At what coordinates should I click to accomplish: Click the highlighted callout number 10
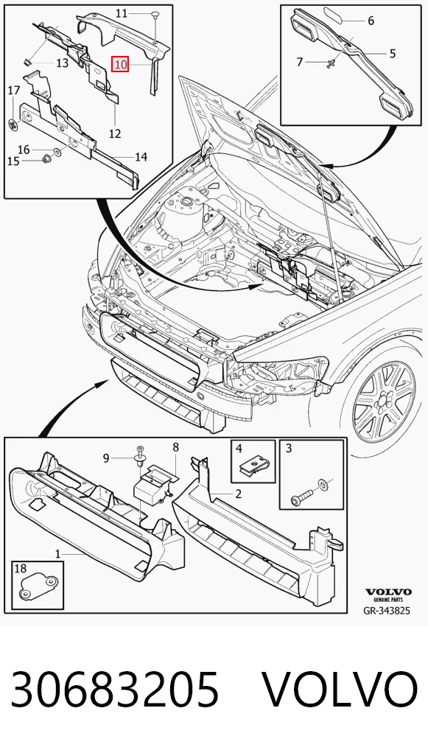pos(120,64)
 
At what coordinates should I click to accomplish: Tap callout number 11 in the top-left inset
pos(122,13)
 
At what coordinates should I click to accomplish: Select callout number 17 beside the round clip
pos(14,90)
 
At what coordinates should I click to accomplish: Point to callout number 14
pos(141,156)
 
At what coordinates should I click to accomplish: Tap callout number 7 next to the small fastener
pos(300,62)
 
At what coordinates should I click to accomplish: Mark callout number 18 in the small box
pos(20,568)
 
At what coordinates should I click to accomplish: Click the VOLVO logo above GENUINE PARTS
pos(387,592)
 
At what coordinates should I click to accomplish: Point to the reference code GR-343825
pos(387,611)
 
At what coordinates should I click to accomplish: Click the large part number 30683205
pos(115,689)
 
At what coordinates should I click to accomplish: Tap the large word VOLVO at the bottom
pos(340,689)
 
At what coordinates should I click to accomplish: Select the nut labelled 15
pos(46,159)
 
